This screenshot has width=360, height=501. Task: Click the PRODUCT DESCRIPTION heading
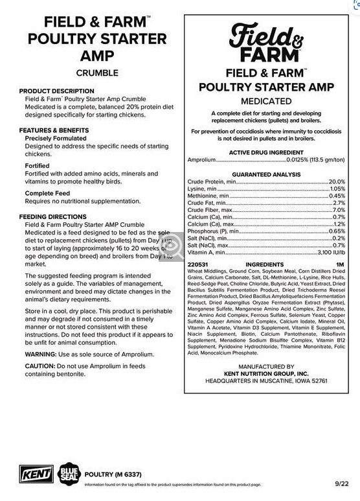click(x=56, y=91)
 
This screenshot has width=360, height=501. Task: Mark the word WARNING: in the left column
click(x=43, y=355)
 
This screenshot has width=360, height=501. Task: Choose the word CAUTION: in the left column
click(x=41, y=367)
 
